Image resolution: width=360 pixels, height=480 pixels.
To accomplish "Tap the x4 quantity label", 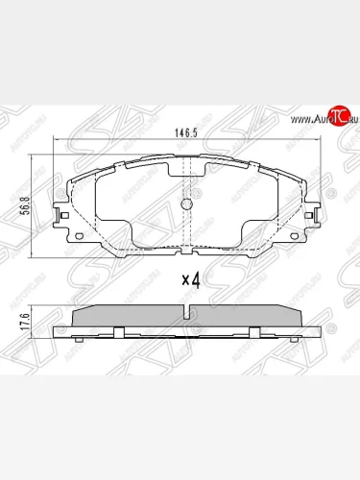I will coord(191,281).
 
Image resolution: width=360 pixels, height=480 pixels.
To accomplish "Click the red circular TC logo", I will coord(336,118).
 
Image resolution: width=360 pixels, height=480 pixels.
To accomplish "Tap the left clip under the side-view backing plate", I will coord(117,334).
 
